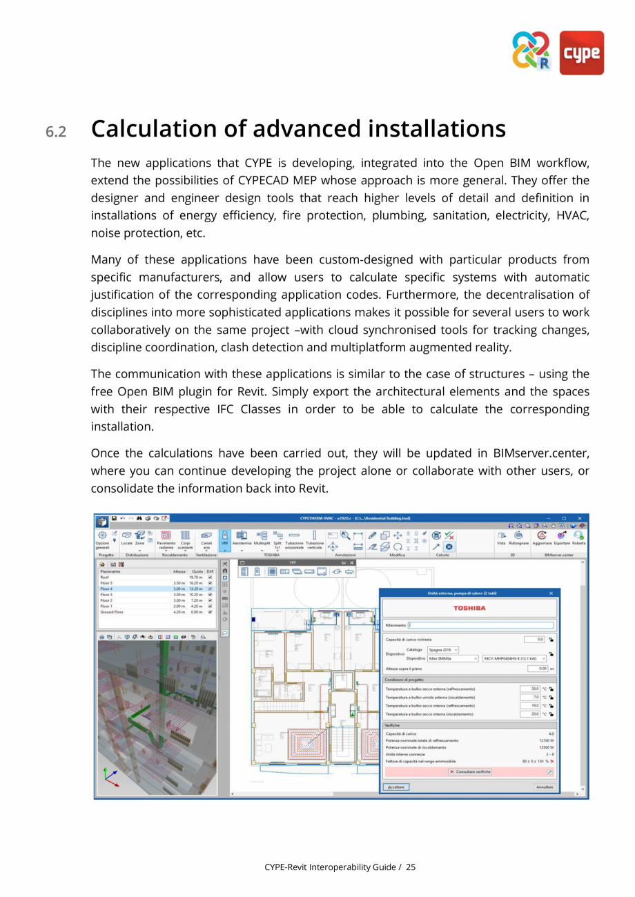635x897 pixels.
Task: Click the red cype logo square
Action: [581, 52]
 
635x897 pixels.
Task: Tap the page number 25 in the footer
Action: [411, 867]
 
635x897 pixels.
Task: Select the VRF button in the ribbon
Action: [224, 538]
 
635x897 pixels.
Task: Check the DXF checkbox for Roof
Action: [210, 578]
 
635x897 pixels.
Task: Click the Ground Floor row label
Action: [112, 611]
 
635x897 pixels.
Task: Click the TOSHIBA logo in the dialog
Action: [469, 608]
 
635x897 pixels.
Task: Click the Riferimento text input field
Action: [480, 626]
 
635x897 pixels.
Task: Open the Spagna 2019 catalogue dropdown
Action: [443, 649]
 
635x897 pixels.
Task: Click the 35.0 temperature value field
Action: [530, 689]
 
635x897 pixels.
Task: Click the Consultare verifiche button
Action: [470, 771]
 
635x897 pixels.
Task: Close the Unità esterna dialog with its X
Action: [551, 593]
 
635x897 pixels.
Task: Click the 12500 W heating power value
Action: [546, 747]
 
